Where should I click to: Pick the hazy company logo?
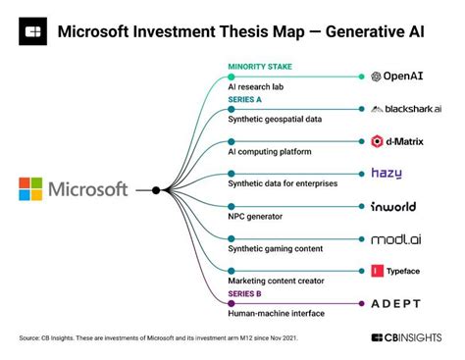386,174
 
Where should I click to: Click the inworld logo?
392,207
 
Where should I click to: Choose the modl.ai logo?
395,238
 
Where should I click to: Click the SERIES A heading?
246,99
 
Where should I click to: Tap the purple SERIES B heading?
246,293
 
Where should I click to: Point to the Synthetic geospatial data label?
275,119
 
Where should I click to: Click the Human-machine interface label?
277,313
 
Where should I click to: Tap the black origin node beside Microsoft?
155,189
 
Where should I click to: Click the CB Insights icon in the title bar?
33,30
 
